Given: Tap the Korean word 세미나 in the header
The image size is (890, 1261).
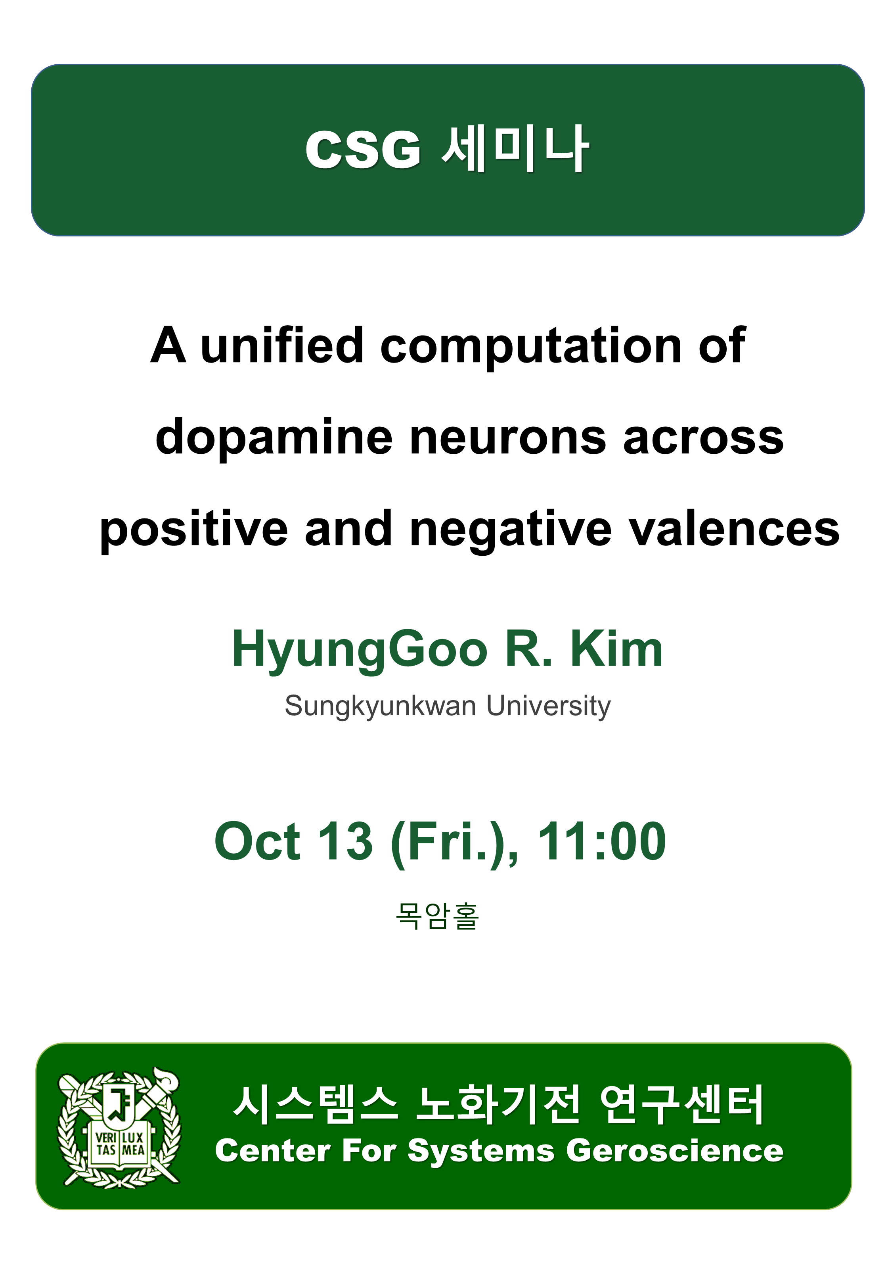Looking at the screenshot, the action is [x=515, y=148].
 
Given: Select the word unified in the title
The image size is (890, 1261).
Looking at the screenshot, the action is [x=281, y=345].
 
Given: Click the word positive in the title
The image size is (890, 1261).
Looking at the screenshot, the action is [x=194, y=530].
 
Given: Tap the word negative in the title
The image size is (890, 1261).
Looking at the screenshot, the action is [x=511, y=530].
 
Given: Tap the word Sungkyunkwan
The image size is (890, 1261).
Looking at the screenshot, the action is [x=380, y=707].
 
